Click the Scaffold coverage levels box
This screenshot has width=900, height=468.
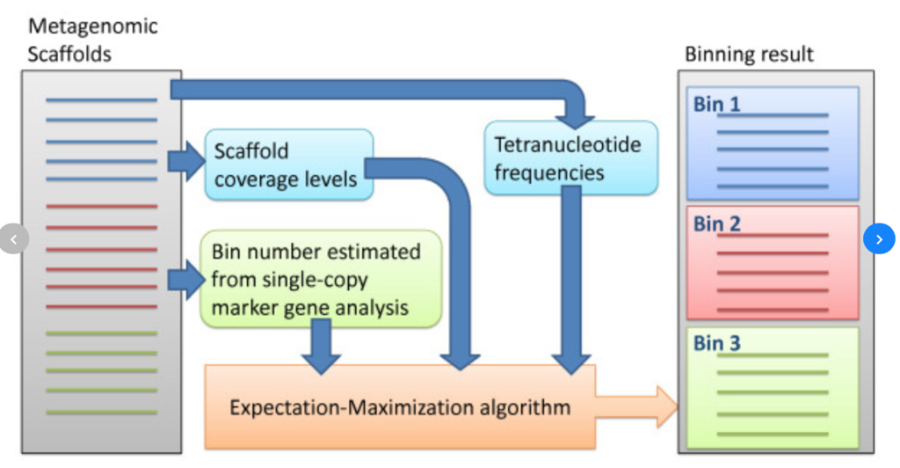coord(288,165)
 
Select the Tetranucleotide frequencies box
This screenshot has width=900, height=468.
coord(571,158)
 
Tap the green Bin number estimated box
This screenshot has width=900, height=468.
coord(321,279)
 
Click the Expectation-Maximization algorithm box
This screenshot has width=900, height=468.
coord(400,406)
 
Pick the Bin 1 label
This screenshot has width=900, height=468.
coord(717,105)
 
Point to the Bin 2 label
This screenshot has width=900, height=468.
coord(717,224)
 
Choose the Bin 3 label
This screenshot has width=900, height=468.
coord(717,343)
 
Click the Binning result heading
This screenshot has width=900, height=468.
coord(749,55)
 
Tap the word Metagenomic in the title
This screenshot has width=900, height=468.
coord(93,26)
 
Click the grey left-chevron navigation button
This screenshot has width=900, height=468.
coord(14,239)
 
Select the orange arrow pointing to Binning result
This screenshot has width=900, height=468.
coord(636,406)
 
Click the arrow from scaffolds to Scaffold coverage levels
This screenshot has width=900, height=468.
coord(186,161)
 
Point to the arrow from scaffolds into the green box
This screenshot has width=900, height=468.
coord(186,280)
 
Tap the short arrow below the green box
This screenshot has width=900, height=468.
coord(322,347)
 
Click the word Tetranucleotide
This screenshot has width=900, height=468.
coord(568,144)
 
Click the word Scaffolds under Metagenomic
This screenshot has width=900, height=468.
coord(69,54)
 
